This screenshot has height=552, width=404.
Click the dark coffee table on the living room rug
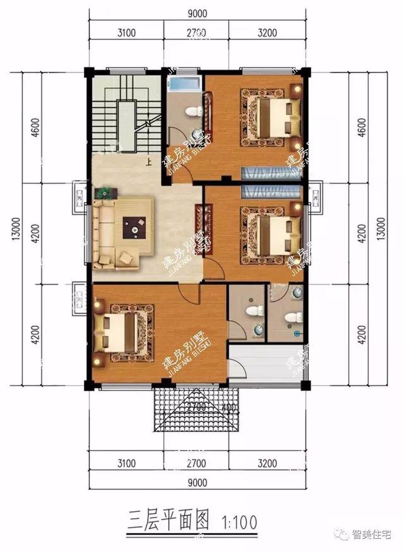point(134,226)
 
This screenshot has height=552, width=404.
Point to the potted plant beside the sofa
point(103,192)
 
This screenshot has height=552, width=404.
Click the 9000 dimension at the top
point(197,13)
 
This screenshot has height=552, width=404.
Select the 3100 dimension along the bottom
point(126,464)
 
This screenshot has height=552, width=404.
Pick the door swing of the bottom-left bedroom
point(187,292)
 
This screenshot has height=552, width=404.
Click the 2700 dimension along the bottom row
point(197,464)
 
